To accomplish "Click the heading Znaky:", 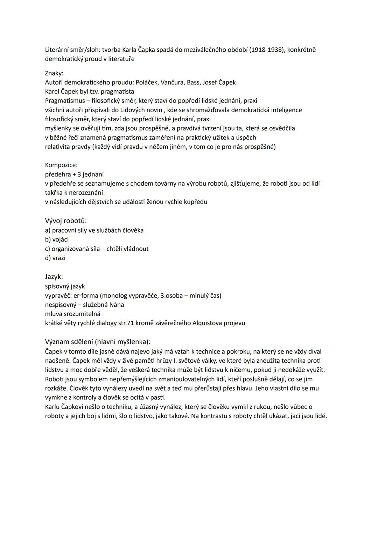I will [54, 73].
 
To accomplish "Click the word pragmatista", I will [117, 92].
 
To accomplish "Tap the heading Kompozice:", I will [61, 165].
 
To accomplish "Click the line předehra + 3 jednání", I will [74, 174].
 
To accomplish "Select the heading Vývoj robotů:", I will [66, 221].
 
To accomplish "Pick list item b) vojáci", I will [57, 240].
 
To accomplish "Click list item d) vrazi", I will [55, 258].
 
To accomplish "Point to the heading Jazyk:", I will [54, 277].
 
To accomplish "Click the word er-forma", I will [85, 296].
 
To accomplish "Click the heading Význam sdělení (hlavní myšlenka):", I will [98, 342].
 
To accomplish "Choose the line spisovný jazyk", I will [65, 286].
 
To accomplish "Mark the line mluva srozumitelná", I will [72, 314].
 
